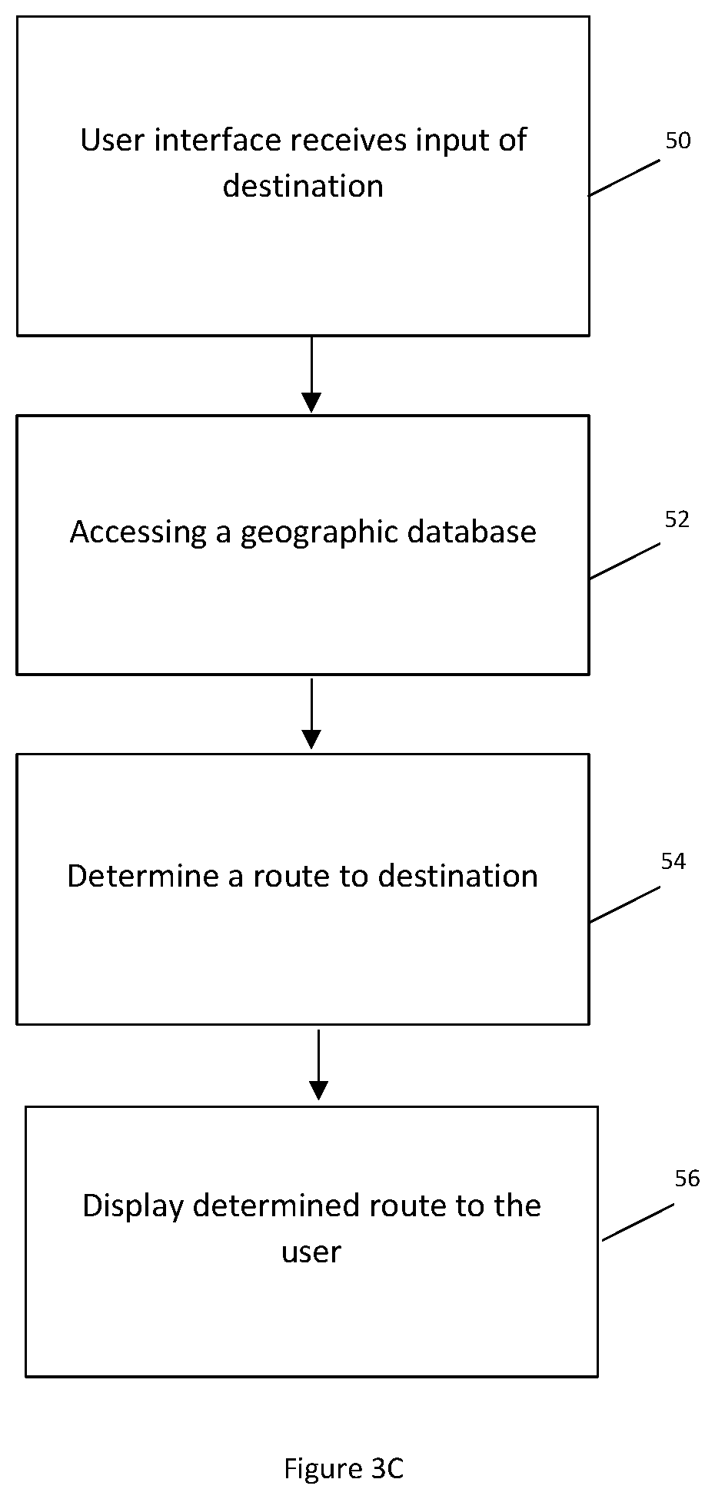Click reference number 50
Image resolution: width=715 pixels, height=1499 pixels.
click(x=677, y=141)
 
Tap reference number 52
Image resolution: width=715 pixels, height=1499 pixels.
click(x=677, y=519)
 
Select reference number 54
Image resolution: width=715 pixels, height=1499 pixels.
click(x=673, y=861)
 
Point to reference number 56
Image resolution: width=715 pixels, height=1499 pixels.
click(x=687, y=1178)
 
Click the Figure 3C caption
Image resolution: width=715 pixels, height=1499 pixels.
click(x=344, y=1468)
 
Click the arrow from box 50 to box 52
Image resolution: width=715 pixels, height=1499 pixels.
click(x=311, y=374)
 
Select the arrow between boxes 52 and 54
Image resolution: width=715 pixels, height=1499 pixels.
click(x=311, y=713)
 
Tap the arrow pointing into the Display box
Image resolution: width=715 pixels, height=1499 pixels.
click(x=318, y=1065)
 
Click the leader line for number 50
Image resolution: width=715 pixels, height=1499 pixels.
click(x=624, y=177)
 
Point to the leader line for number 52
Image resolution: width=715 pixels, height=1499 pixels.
click(x=624, y=561)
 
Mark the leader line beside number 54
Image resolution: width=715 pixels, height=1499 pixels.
click(x=624, y=904)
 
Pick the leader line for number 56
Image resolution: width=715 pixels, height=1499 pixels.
click(x=637, y=1222)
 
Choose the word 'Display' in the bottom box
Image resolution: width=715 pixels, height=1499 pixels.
click(x=133, y=1206)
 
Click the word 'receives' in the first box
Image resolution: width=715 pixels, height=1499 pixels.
click(x=348, y=140)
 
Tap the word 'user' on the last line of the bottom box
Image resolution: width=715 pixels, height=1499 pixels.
click(x=311, y=1253)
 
